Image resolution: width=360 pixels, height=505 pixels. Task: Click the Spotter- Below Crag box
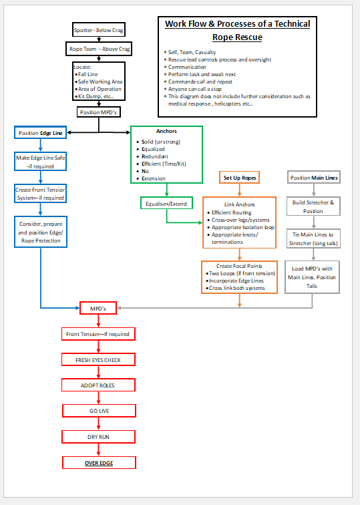(x=98, y=30)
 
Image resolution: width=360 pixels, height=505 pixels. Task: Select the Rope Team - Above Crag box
(x=98, y=49)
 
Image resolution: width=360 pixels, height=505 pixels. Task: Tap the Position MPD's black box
(x=98, y=112)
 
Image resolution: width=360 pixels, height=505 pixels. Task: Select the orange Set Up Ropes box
(x=240, y=178)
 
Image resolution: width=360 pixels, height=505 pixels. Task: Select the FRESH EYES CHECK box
(x=98, y=359)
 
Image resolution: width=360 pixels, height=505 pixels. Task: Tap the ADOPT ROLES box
(x=98, y=385)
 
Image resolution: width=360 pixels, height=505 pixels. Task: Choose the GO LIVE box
(x=99, y=411)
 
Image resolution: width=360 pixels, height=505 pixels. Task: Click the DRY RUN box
(x=99, y=436)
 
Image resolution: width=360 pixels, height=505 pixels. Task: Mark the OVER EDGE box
(x=99, y=462)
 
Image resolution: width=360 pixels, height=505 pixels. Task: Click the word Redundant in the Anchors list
(x=155, y=156)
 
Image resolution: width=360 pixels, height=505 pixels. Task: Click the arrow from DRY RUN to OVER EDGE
(x=99, y=450)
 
